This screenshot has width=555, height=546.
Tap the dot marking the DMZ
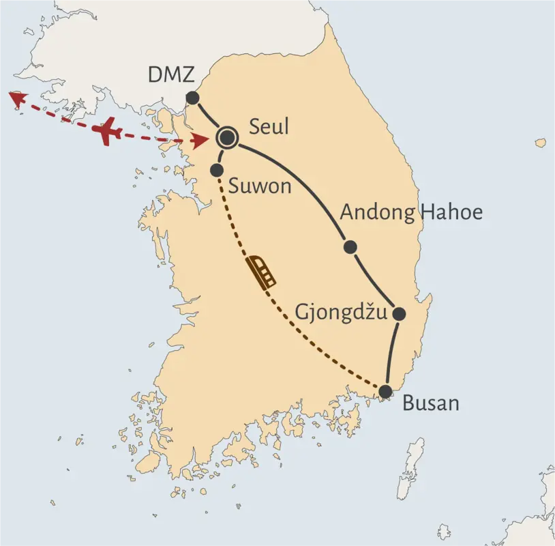pyautogui.click(x=192, y=98)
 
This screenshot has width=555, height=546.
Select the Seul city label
pyautogui.click(x=269, y=127)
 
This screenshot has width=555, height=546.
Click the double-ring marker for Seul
pyautogui.click(x=226, y=139)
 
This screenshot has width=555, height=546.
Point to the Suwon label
pyautogui.click(x=260, y=185)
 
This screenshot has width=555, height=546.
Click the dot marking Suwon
pyautogui.click(x=217, y=169)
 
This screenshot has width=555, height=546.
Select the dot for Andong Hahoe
pyautogui.click(x=350, y=246)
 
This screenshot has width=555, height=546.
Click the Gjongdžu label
pyautogui.click(x=341, y=313)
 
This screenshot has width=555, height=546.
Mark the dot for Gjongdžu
pyautogui.click(x=400, y=314)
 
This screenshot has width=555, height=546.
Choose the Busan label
pyautogui.click(x=430, y=403)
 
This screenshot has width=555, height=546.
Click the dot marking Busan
pyautogui.click(x=386, y=391)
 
